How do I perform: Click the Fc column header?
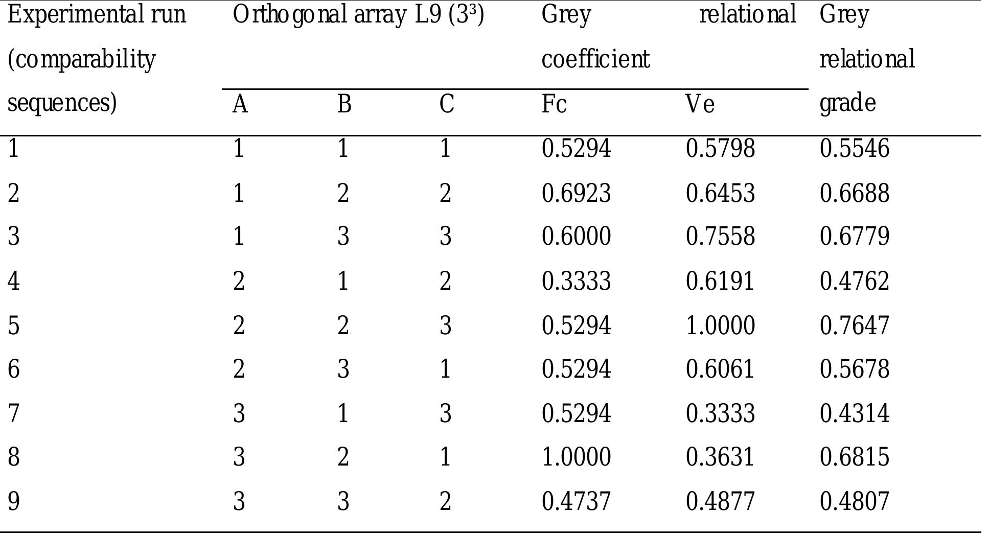554,105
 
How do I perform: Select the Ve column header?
700,105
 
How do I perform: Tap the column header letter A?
240,105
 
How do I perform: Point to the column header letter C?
446,105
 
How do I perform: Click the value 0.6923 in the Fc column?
576,194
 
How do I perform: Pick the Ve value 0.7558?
720,237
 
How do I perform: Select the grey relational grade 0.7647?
855,326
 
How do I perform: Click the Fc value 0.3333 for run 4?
576,281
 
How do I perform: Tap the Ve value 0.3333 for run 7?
720,413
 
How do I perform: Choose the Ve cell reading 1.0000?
720,326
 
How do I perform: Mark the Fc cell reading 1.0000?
576,456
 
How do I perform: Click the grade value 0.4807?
855,501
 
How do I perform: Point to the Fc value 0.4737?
576,501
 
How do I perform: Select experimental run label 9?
14,501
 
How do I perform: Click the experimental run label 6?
14,369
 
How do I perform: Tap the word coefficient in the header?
595,59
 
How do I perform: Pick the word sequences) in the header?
62,103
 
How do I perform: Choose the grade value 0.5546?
855,149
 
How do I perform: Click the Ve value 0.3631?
720,456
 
